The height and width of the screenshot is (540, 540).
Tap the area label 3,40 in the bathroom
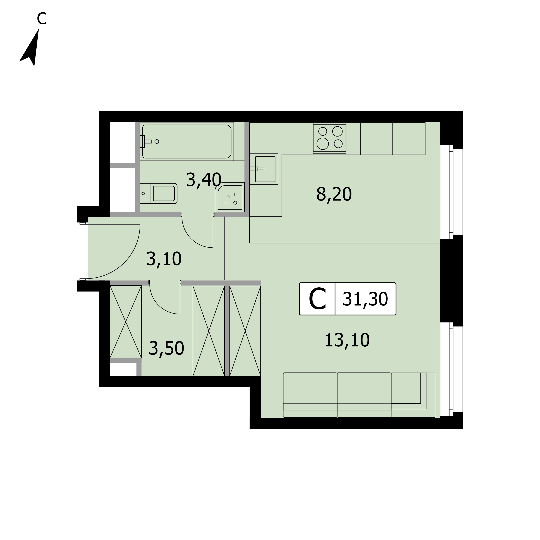[203, 180]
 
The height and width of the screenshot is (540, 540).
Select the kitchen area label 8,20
[334, 194]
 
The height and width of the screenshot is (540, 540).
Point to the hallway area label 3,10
[164, 259]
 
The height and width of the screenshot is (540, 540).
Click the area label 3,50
[166, 349]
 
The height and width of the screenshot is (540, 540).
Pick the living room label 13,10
[347, 340]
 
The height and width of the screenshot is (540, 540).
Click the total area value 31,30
[365, 299]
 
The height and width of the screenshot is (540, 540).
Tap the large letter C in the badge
[317, 299]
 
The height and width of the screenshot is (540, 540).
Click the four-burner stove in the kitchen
[329, 138]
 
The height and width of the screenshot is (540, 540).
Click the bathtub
[187, 142]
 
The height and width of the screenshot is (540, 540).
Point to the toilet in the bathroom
[159, 193]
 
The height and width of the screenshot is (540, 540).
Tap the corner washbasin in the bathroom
[230, 197]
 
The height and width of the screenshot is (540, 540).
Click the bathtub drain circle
[157, 142]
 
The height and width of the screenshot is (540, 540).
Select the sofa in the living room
[359, 395]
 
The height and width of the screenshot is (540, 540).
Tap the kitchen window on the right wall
[451, 192]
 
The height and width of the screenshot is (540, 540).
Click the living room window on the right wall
[451, 369]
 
